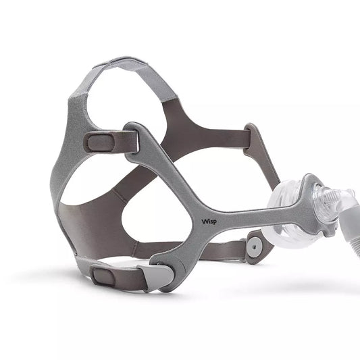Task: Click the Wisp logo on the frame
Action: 209,220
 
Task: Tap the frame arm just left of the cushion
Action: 253,209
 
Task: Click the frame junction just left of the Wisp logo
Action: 182,213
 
